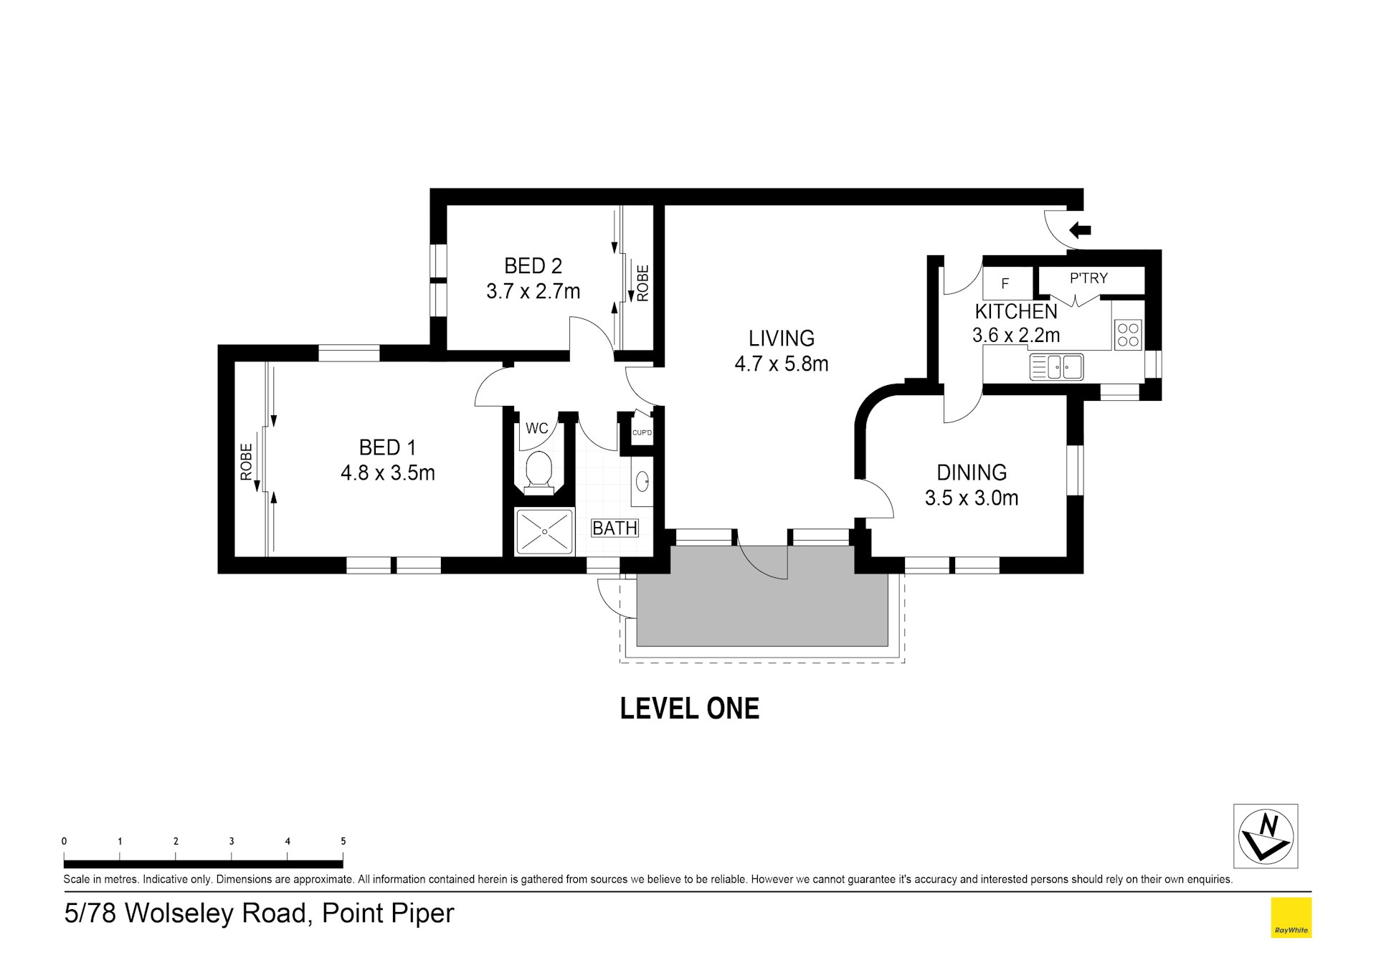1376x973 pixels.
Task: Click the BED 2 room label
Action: pos(533,266)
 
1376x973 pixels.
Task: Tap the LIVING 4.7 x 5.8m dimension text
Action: pos(781,364)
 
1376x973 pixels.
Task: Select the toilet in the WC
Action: pos(538,473)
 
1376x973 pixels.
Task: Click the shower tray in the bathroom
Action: pos(545,531)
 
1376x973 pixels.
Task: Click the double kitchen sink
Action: pos(1056,367)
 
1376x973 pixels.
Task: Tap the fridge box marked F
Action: pos(1005,283)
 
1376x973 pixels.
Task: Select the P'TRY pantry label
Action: pos(1088,278)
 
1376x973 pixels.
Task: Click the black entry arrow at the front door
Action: pos(1080,230)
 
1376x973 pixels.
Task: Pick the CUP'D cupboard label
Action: pos(642,433)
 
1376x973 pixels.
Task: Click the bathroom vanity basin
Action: pos(642,481)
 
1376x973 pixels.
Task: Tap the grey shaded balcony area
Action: pos(762,602)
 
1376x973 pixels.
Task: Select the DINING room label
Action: pos(972,473)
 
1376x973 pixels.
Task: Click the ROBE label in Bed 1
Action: pos(246,462)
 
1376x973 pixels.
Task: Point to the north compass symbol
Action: pos(1265,836)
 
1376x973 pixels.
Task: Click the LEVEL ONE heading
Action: pos(689,708)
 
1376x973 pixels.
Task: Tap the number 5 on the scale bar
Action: pos(343,842)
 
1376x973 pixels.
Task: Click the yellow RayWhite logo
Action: pos(1291,917)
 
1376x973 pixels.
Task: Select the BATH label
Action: pos(615,528)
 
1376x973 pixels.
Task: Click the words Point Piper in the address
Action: pos(388,913)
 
